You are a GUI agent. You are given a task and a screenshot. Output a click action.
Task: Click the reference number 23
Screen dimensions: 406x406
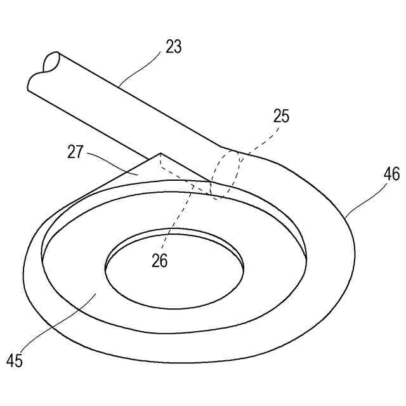click(x=173, y=46)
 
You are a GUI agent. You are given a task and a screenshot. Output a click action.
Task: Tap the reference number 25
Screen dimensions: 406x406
click(x=280, y=116)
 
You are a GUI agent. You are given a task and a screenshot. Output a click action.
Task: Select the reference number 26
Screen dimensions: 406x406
click(x=160, y=261)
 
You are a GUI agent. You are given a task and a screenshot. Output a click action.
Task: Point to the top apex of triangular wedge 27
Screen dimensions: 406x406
click(x=160, y=153)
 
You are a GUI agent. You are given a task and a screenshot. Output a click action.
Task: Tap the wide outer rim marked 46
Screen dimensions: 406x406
click(x=330, y=254)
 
